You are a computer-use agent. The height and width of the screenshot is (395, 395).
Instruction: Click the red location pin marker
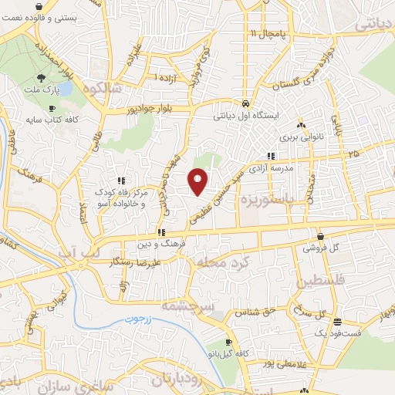[198, 181]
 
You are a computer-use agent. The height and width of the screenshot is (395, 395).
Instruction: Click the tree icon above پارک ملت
[42, 78]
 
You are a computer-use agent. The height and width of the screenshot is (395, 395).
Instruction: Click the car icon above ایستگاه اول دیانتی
[245, 103]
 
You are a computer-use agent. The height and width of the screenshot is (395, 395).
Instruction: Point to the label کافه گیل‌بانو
[225, 353]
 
